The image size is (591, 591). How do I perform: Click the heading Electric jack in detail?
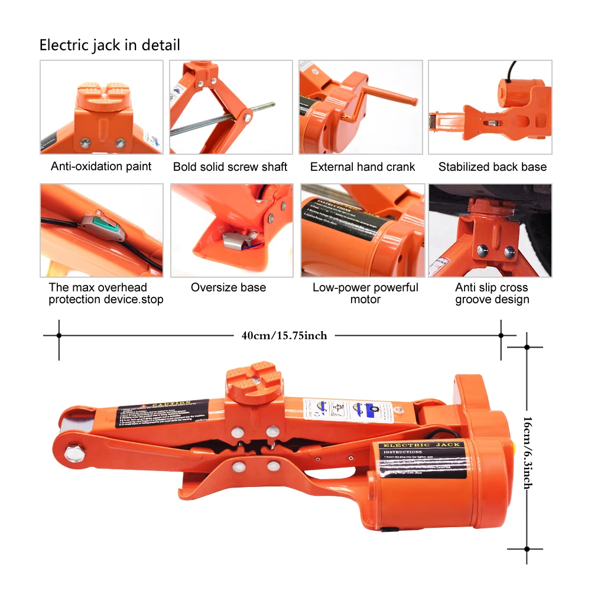(109, 45)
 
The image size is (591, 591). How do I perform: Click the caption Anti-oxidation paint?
(101, 167)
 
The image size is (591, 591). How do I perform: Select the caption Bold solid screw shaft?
(230, 167)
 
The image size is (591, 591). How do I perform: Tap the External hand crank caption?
(362, 167)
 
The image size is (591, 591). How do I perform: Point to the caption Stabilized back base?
(492, 167)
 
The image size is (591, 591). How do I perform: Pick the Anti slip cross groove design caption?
(492, 293)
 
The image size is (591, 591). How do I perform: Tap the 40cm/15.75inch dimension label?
(284, 336)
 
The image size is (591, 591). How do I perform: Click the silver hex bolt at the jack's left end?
(74, 454)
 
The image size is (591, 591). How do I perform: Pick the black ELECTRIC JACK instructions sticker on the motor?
(422, 460)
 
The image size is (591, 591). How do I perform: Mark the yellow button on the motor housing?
(515, 444)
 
